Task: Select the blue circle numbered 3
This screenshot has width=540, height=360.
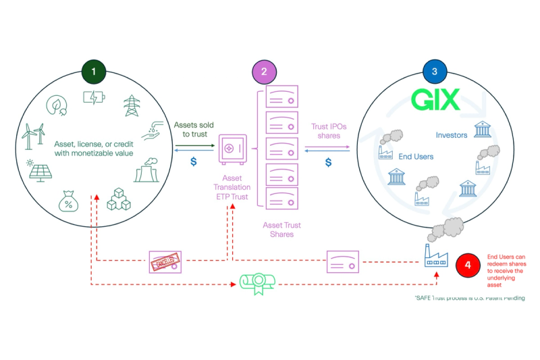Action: pos(433,72)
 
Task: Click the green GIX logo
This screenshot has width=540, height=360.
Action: pos(436,101)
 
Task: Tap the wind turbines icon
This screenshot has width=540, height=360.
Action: pos(34,136)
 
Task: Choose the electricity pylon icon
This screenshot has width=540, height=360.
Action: pos(130,105)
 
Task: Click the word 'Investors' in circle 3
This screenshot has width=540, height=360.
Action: pos(452,135)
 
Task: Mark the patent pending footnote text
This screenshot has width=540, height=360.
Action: pos(470,298)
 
